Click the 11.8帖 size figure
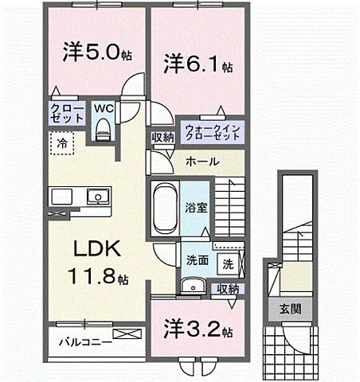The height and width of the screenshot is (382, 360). coord(97,279)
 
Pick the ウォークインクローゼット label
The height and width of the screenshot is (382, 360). coord(213,131)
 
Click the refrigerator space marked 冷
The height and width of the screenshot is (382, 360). coord(61,145)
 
